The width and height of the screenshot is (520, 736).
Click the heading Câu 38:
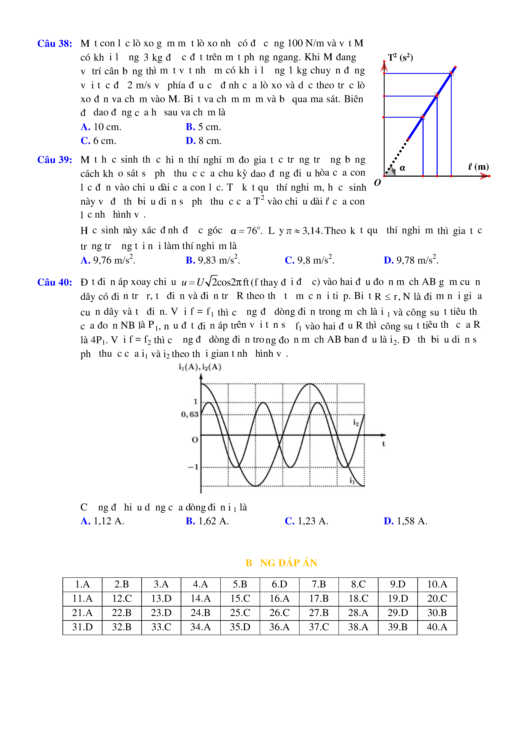(55, 44)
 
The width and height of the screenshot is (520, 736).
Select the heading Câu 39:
(55, 160)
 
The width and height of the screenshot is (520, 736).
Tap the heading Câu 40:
(55, 282)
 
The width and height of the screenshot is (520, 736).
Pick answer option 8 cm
(204, 141)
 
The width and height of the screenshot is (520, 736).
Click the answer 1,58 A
(406, 521)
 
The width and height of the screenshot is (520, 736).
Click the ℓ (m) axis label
(478, 167)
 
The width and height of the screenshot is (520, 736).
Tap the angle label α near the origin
(402, 168)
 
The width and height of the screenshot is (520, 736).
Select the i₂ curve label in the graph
(356, 423)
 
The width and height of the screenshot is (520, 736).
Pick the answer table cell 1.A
(82, 584)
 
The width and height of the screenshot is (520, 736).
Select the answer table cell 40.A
(437, 627)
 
